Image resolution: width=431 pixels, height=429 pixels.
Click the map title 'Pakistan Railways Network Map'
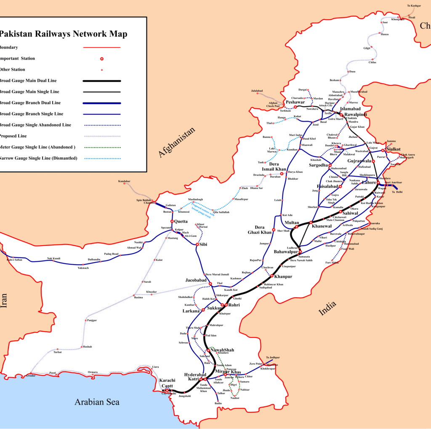point(63,34)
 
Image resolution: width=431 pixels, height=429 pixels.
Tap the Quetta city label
point(181,221)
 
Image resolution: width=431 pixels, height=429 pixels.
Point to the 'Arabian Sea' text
point(97,402)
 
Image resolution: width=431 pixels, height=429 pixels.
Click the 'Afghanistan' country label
point(177,142)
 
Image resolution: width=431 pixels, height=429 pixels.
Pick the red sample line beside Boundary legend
point(102,48)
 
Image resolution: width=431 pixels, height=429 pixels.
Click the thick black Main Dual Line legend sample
point(102,80)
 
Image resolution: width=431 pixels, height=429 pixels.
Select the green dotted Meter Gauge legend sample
point(102,147)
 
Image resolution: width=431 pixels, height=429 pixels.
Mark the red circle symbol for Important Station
point(102,59)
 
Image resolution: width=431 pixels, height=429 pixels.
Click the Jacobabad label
point(196,280)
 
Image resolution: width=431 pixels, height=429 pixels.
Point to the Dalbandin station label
point(94,259)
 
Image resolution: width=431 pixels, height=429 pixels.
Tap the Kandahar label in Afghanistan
point(124,181)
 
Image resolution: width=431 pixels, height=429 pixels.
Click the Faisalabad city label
point(327,186)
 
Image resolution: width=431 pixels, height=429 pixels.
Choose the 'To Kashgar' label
point(414,5)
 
